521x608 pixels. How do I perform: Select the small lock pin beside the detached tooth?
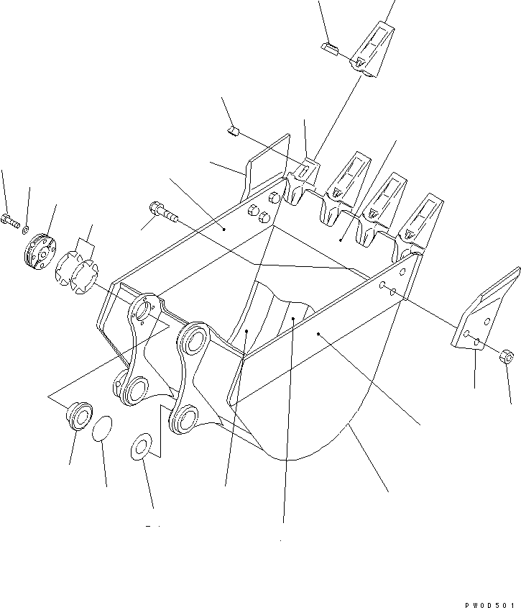click(330, 48)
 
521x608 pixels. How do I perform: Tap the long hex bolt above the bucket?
click(162, 212)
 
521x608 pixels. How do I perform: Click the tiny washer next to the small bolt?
click(25, 230)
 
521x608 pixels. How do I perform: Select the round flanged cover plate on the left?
click(40, 251)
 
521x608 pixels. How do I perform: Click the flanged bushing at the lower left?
click(80, 416)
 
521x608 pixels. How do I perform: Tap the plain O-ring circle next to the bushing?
click(102, 428)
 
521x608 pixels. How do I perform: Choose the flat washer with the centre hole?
click(141, 446)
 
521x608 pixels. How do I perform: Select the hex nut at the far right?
click(507, 356)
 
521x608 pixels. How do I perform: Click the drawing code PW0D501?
click(490, 604)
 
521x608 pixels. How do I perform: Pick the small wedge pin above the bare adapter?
click(233, 131)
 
